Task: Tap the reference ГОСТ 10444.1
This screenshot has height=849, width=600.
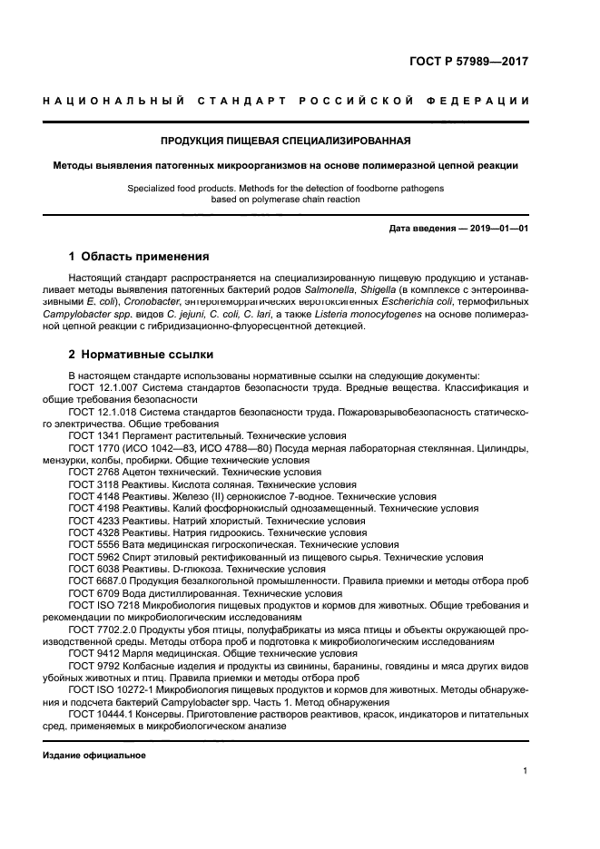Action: click(101, 713)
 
